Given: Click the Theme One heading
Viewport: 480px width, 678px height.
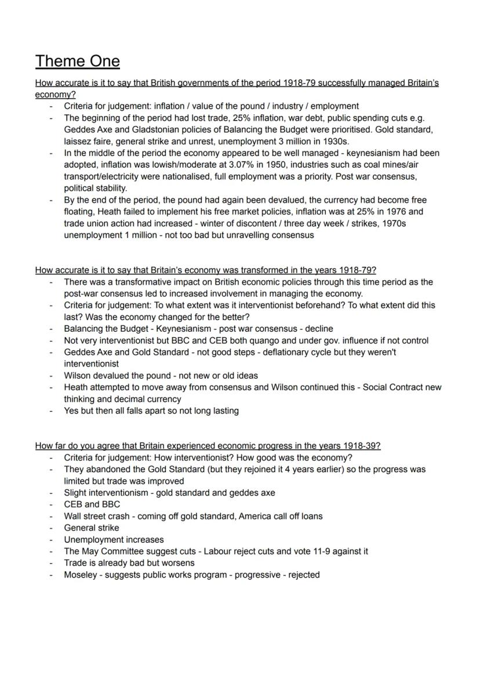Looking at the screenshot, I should (78, 61).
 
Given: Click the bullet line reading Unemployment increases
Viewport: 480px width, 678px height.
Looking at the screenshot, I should (114, 539).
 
